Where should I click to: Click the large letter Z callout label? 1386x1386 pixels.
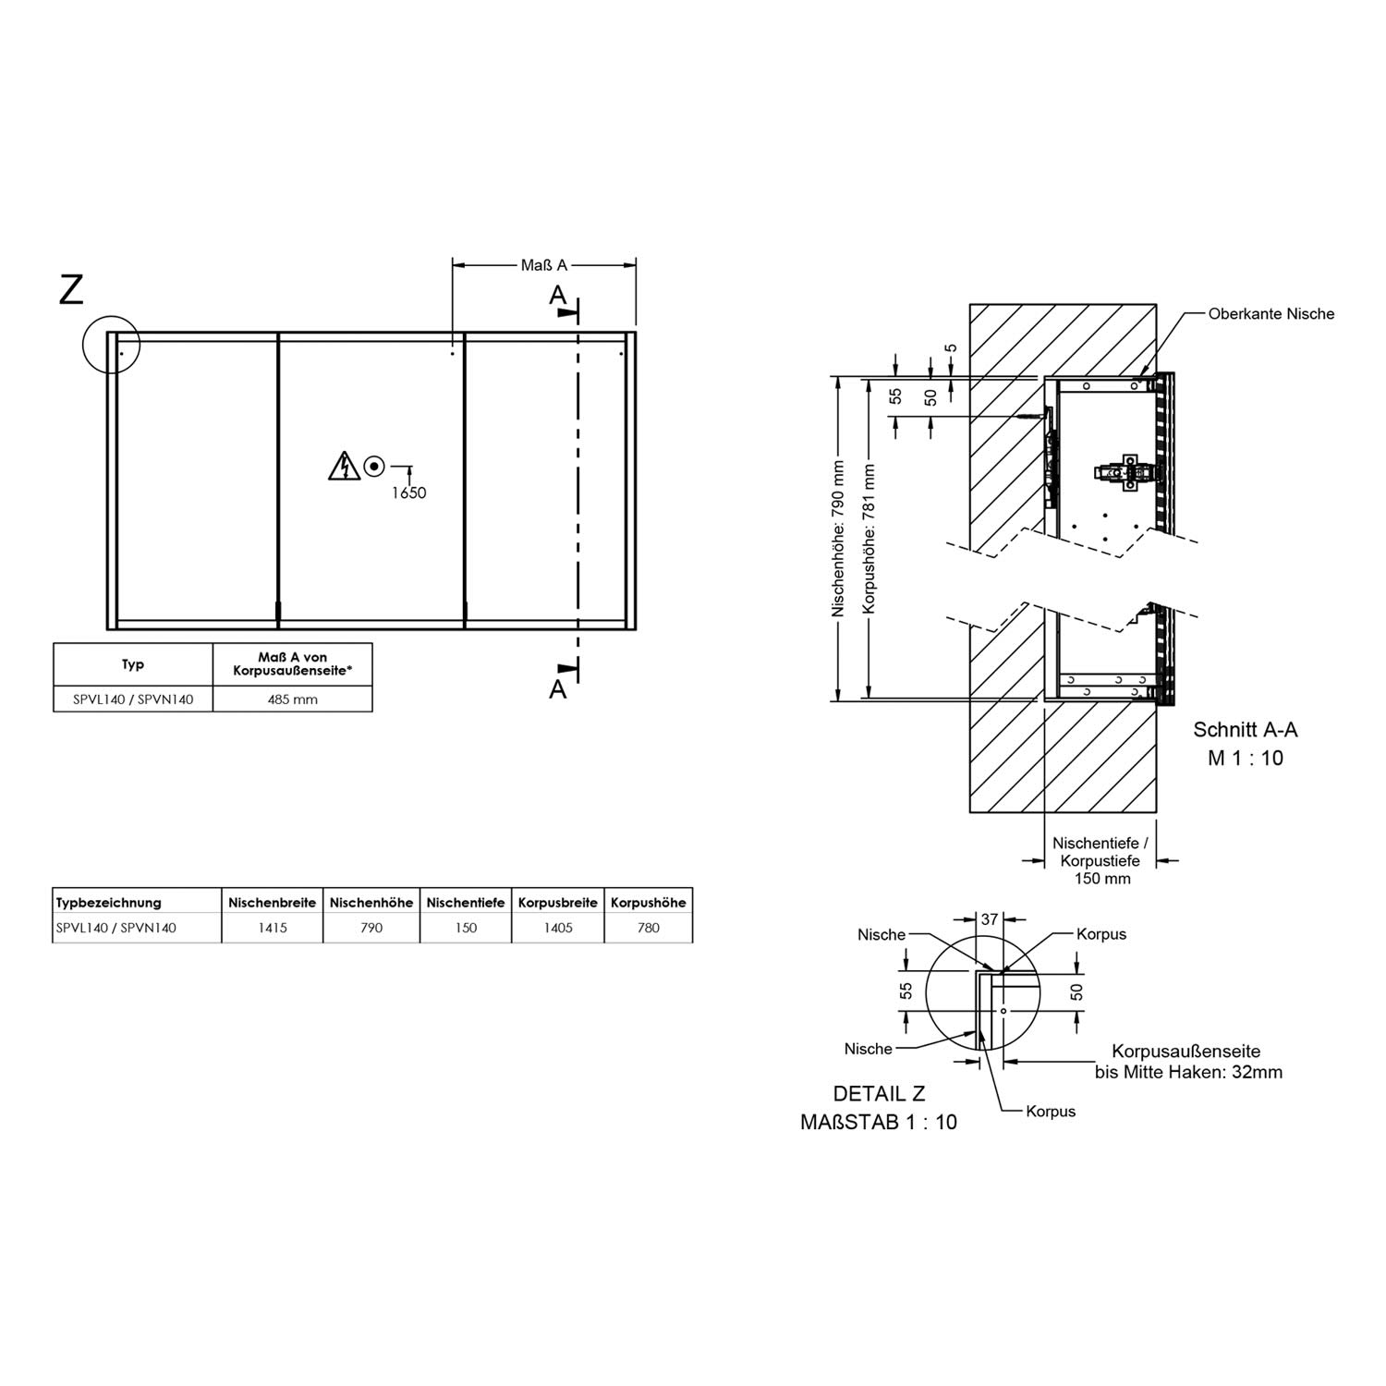(x=71, y=290)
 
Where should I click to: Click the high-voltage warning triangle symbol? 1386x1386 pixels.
(x=344, y=467)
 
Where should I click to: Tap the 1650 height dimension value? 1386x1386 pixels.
(x=408, y=492)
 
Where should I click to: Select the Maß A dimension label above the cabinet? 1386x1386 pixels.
(x=543, y=265)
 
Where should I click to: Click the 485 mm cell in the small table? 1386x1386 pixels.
(x=293, y=699)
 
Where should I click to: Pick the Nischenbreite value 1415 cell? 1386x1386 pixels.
(x=273, y=928)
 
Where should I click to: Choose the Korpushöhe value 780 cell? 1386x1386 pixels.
(x=649, y=928)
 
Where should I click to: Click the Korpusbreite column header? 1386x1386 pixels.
(x=558, y=903)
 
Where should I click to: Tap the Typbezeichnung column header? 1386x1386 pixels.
(x=109, y=903)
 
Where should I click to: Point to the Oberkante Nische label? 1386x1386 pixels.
(x=1271, y=314)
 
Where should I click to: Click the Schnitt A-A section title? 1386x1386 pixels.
(x=1246, y=730)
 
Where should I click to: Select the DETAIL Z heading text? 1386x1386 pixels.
(x=879, y=1094)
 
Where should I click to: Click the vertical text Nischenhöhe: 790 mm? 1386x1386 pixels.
(x=838, y=539)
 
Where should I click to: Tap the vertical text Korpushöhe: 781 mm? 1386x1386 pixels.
(x=868, y=539)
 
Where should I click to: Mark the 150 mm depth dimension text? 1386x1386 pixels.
(x=1102, y=879)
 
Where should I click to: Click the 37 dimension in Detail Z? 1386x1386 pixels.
(x=990, y=919)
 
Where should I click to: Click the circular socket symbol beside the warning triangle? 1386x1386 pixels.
(x=374, y=467)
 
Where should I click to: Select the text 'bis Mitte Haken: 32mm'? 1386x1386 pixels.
(x=1188, y=1073)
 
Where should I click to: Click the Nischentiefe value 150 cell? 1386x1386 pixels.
(x=466, y=928)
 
